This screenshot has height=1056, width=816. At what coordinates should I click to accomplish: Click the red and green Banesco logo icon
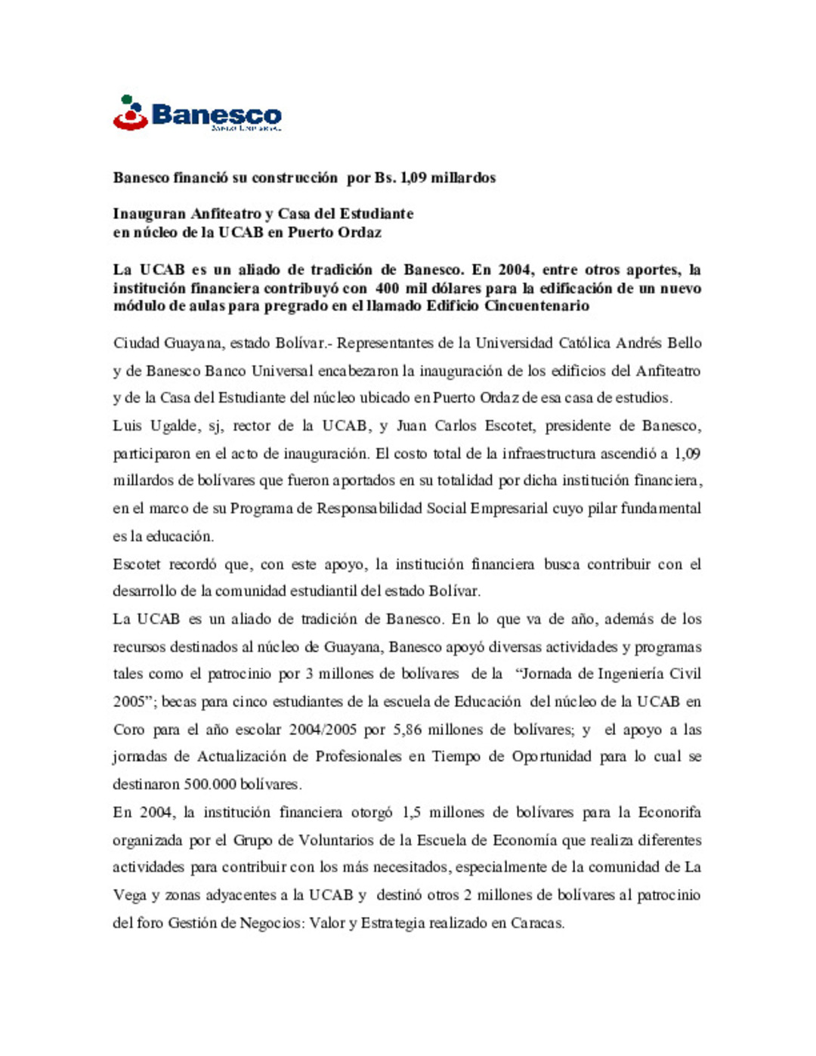click(130, 113)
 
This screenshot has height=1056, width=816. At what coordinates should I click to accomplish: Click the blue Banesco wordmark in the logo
click(217, 115)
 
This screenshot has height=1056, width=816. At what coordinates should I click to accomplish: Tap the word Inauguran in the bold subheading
click(150, 214)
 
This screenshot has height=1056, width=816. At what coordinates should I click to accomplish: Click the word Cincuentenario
click(536, 306)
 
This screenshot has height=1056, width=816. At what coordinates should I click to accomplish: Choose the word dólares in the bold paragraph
click(456, 289)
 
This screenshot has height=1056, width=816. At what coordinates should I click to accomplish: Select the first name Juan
click(411, 426)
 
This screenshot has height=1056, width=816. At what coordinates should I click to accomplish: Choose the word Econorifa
click(669, 813)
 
